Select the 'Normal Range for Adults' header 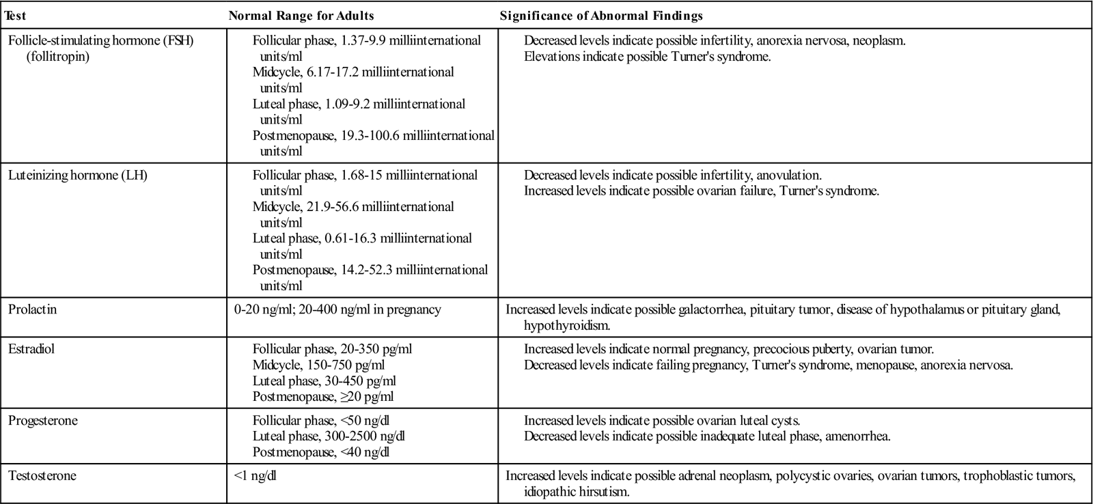[301, 15]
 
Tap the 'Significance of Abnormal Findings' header [601, 15]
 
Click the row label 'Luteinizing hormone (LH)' [78, 176]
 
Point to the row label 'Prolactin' [32, 309]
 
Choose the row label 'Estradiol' [31, 349]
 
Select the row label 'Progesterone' [43, 421]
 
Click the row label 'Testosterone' [42, 476]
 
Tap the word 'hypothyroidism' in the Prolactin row [566, 325]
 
